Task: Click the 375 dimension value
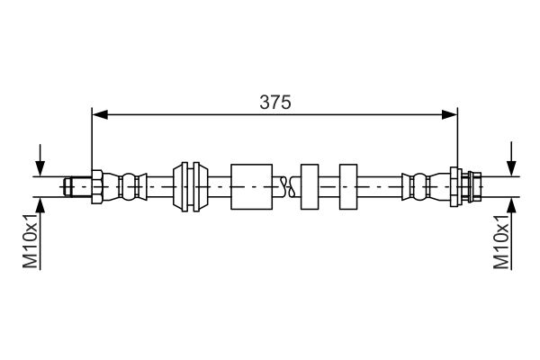tap(275, 102)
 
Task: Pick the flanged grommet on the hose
tap(191, 186)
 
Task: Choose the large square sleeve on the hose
tap(251, 186)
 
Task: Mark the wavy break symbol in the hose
tap(287, 186)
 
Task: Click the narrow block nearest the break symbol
tap(310, 186)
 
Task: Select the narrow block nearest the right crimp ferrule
tap(349, 186)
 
